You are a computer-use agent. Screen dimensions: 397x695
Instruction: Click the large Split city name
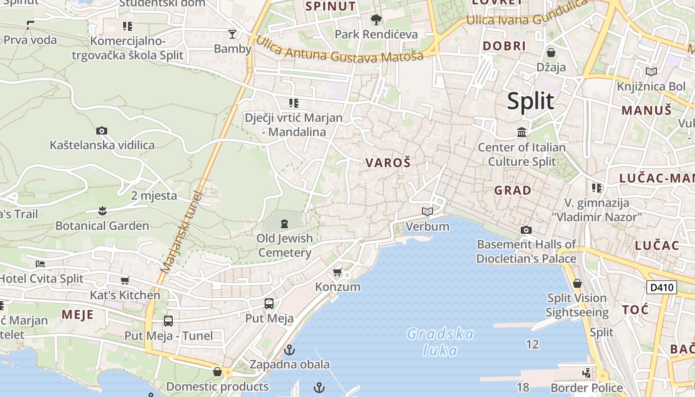(530, 101)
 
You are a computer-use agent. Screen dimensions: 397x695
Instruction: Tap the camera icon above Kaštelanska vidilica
(102, 131)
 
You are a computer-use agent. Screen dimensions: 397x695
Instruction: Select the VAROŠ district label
(388, 162)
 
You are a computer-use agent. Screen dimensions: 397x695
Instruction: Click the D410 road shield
(662, 287)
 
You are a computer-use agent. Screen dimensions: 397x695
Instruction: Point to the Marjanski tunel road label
(182, 232)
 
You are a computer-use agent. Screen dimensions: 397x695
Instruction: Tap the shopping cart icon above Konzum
(338, 272)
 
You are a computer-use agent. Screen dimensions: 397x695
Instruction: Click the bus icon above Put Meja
(269, 303)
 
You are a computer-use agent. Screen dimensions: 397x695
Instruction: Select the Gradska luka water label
(440, 342)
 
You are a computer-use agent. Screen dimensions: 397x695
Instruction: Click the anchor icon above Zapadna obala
(289, 350)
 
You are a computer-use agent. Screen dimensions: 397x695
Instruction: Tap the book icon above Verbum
(427, 212)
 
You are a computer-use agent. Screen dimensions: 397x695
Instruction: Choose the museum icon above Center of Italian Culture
(522, 132)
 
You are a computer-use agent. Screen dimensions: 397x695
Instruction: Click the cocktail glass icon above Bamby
(232, 34)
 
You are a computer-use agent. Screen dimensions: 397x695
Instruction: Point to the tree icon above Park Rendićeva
(376, 20)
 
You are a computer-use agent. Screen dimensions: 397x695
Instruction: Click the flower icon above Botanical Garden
(102, 211)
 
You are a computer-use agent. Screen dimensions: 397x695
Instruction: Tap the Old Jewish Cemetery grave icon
(284, 224)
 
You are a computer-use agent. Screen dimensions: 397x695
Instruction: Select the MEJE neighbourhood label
(77, 315)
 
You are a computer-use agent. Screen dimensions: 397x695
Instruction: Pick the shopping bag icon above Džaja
(551, 53)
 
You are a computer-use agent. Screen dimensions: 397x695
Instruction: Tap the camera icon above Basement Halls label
(526, 230)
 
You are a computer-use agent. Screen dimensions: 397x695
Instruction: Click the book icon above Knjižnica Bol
(651, 72)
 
